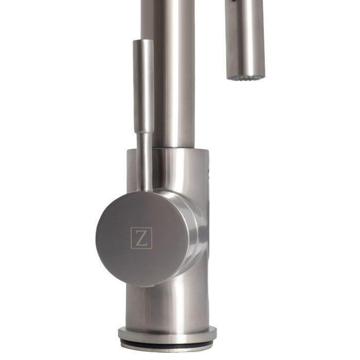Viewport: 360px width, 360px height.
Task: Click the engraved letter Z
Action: (141, 238)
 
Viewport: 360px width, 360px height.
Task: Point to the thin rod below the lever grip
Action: (146, 159)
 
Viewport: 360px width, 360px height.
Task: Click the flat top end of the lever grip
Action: (143, 41)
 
